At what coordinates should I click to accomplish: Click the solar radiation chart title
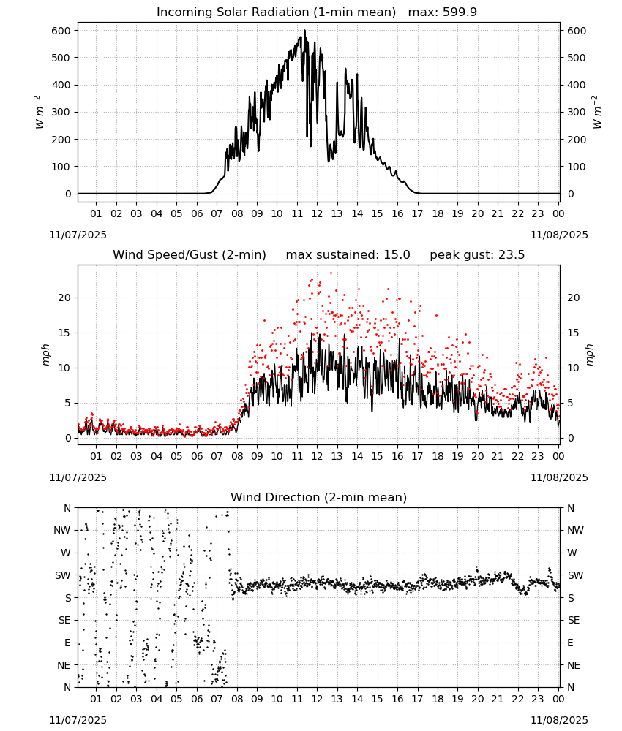[317, 12]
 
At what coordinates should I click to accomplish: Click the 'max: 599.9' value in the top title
[443, 12]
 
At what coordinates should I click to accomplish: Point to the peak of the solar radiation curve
[304, 31]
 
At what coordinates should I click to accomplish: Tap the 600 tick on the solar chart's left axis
[61, 31]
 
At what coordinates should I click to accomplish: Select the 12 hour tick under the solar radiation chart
[317, 213]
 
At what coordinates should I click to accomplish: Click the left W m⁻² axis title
[40, 113]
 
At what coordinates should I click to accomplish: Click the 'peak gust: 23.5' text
[477, 255]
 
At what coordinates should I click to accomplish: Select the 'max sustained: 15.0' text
[348, 255]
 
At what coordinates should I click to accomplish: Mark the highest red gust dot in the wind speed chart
[331, 273]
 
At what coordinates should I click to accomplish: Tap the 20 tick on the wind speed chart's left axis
[65, 298]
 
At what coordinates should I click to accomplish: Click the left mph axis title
[45, 355]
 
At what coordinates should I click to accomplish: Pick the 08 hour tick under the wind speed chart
[237, 456]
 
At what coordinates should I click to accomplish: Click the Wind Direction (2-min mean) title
[319, 497]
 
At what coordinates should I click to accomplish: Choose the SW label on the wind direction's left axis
[63, 576]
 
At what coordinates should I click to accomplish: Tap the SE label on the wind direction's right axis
[574, 621]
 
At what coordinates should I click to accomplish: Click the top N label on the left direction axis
[67, 509]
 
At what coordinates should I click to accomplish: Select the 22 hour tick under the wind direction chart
[517, 700]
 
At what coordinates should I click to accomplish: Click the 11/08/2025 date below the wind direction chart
[559, 720]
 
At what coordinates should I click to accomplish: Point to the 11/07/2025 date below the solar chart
[78, 235]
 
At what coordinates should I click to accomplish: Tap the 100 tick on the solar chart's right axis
[577, 167]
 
